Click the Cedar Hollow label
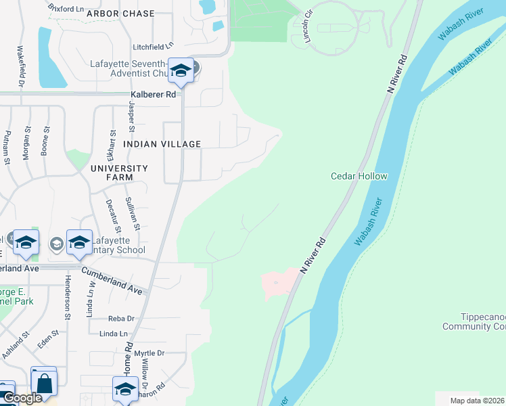click(x=359, y=176)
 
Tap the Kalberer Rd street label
click(x=154, y=95)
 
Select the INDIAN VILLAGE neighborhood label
click(x=162, y=144)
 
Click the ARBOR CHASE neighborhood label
click(x=121, y=14)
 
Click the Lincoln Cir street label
click(x=302, y=27)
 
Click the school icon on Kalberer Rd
click(x=181, y=70)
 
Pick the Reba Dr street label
click(x=122, y=318)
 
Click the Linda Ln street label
click(x=113, y=334)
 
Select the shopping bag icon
click(x=44, y=384)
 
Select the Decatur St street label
click(x=108, y=212)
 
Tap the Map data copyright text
click(x=478, y=401)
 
